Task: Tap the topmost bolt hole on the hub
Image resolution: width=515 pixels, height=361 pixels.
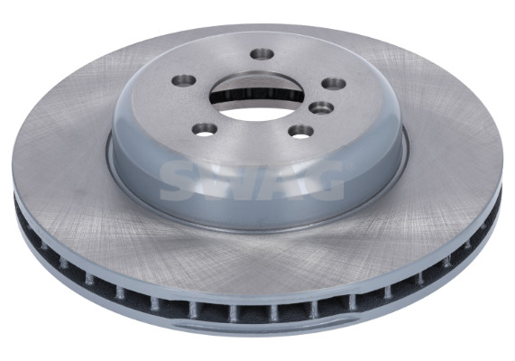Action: (262, 54)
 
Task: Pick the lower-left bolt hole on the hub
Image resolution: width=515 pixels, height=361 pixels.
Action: (205, 128)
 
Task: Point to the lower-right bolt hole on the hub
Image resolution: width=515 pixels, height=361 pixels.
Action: (299, 132)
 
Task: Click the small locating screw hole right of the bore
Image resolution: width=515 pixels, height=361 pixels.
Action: (319, 109)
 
